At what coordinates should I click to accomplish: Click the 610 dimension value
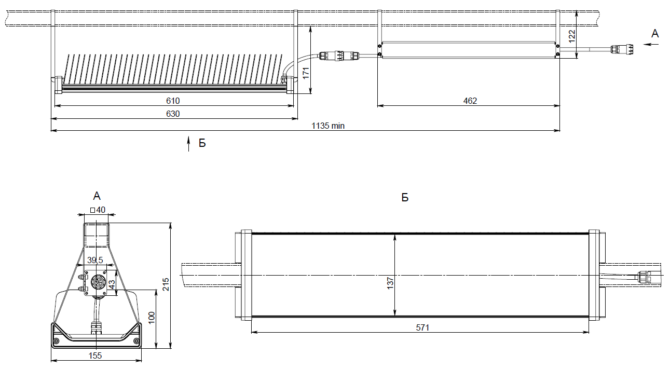[173, 101]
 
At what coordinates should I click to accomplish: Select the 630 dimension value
[173, 114]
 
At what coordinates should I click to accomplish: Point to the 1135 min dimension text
[328, 126]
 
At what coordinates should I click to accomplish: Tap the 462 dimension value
[470, 101]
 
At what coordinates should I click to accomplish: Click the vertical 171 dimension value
[306, 73]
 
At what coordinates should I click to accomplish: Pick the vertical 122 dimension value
[571, 36]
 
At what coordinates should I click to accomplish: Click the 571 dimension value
[422, 327]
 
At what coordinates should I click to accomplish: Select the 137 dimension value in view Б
[390, 283]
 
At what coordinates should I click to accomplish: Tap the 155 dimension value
[95, 356]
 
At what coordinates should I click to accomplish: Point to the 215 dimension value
[166, 284]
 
